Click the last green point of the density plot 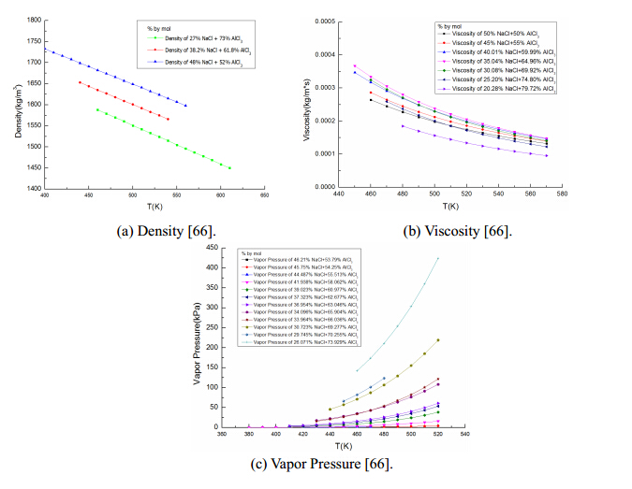[229, 168]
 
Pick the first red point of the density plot [80, 82]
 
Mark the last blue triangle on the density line [185, 106]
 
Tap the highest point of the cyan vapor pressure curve [437, 258]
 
